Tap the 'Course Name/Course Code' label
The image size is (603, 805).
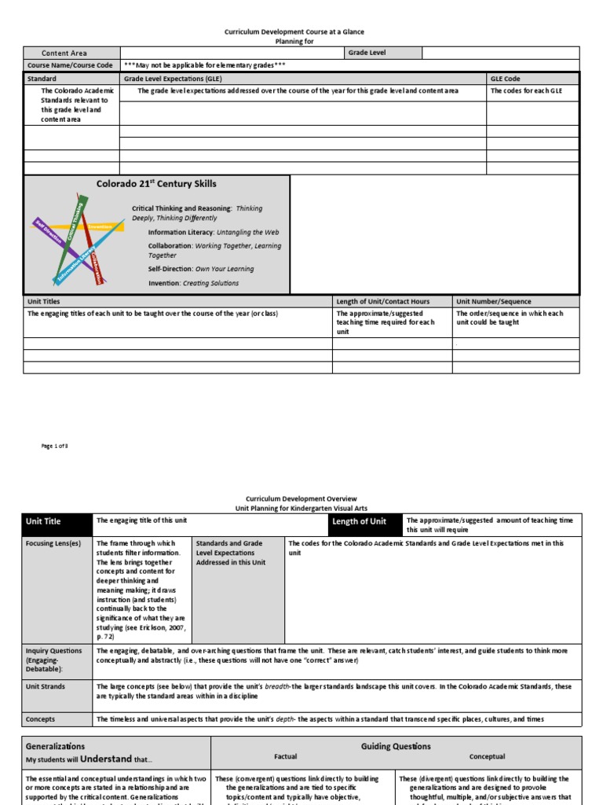(x=70, y=65)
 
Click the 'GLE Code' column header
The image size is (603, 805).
(x=505, y=79)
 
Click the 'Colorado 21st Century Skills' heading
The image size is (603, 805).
(x=156, y=184)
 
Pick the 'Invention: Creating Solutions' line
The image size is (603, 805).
(x=193, y=283)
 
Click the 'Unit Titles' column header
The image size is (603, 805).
(x=44, y=301)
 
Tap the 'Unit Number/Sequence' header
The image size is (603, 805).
(x=494, y=301)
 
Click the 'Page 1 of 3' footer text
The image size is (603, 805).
(x=55, y=446)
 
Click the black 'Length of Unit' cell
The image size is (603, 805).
(x=360, y=521)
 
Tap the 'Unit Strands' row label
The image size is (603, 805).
(x=46, y=686)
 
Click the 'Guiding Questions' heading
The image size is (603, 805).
(x=396, y=746)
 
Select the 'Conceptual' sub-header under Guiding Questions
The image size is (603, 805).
(x=487, y=757)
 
